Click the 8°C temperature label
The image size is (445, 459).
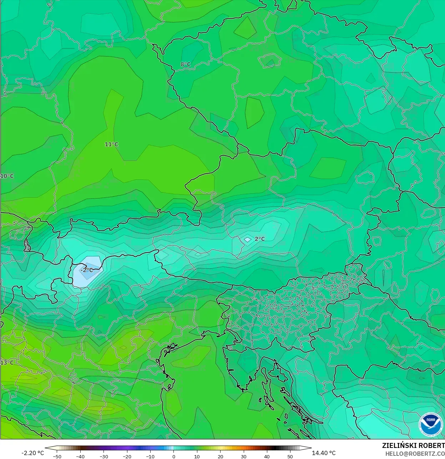tap(186, 65)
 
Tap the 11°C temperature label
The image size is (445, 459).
tap(111, 144)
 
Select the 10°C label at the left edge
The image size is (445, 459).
tap(7, 176)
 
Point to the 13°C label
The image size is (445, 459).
tap(7, 363)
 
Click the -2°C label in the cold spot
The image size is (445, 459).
tap(87, 270)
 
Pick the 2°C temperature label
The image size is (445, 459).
tap(260, 239)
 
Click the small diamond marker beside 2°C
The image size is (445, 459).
tap(248, 240)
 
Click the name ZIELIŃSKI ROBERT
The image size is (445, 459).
tap(413, 445)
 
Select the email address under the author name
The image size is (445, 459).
tap(415, 453)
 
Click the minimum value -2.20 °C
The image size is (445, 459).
tap(33, 453)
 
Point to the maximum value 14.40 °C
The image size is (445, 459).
tap(324, 453)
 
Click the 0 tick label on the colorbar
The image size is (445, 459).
tap(174, 457)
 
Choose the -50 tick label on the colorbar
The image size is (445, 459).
tap(57, 457)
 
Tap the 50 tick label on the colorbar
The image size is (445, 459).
tap(290, 457)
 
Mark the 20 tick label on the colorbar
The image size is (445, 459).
tap(220, 457)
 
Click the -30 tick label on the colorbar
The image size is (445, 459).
tap(103, 457)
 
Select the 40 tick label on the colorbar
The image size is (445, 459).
tap(267, 457)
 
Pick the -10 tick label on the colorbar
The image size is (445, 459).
tap(150, 457)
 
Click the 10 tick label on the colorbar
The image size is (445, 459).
tap(197, 457)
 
